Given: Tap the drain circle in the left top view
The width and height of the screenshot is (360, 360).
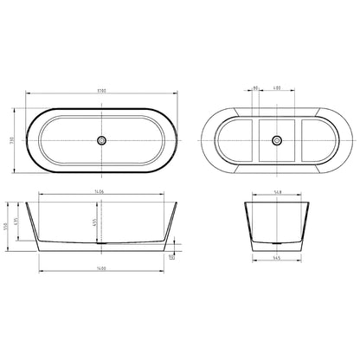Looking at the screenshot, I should (x=101, y=139).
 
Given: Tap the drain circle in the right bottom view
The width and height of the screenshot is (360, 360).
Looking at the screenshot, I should (x=278, y=139).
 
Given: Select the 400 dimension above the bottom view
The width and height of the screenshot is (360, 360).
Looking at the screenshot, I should (x=277, y=87).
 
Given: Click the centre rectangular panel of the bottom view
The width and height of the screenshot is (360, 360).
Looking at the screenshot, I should (x=278, y=140).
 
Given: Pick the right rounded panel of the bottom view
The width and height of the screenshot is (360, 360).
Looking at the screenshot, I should (x=318, y=140).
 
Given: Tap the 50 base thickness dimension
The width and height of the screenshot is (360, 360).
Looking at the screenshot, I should (x=171, y=256).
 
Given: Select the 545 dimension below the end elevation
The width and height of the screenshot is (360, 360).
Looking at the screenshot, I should (x=278, y=258).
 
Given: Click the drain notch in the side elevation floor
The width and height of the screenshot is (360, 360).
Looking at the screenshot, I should (x=102, y=243).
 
